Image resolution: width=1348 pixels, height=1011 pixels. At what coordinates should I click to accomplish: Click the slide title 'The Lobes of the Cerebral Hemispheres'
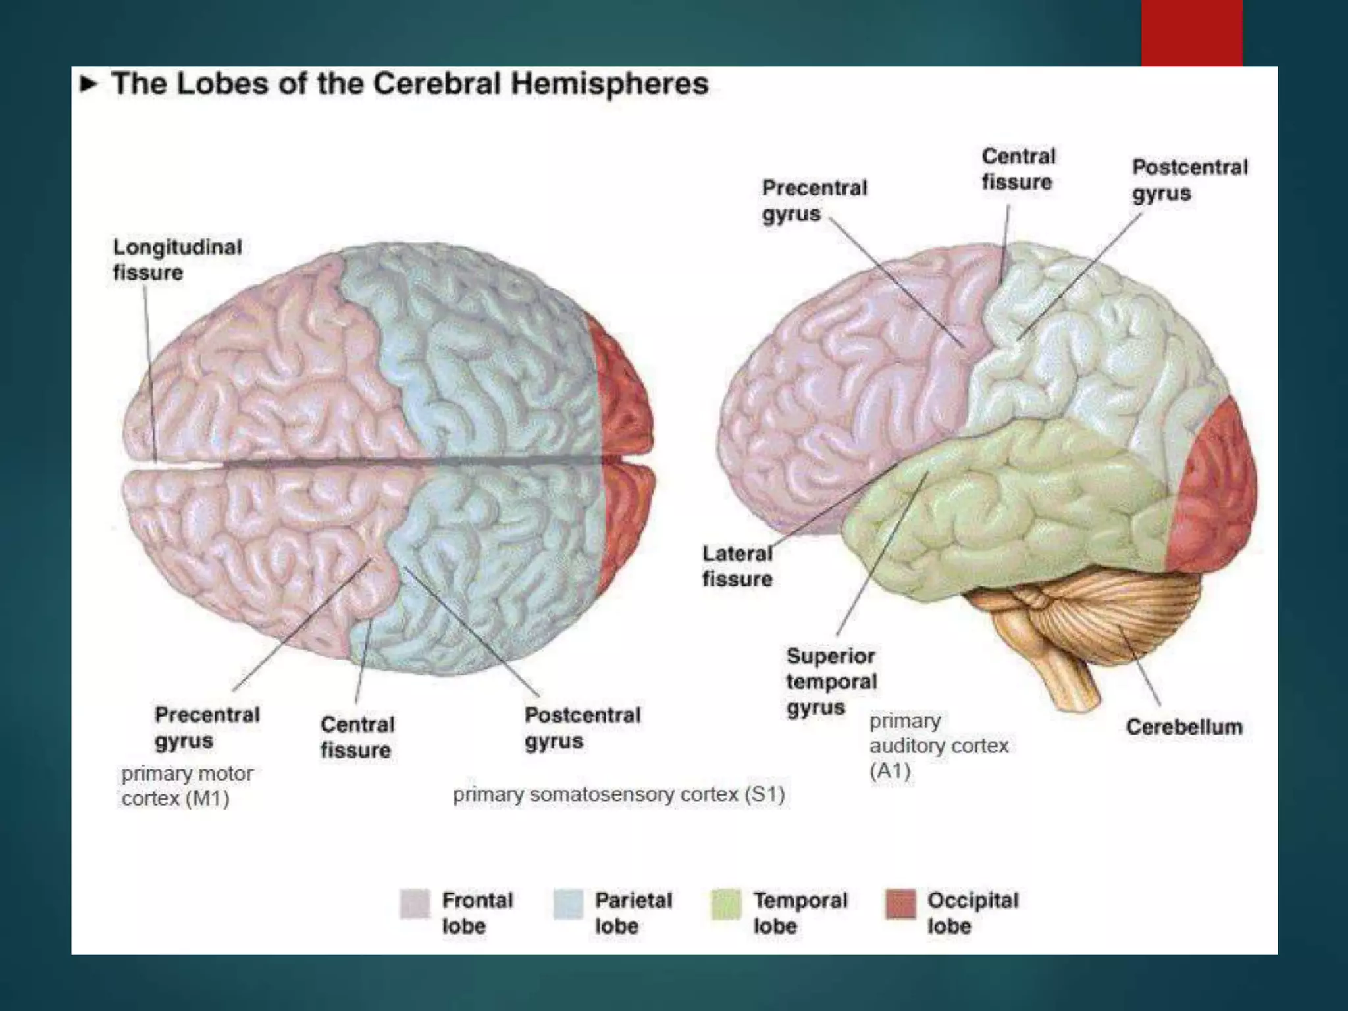click(409, 84)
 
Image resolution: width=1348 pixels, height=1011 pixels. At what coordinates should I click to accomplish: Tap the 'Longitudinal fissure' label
click(177, 259)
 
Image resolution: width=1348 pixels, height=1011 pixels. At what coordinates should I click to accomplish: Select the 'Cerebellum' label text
click(1183, 727)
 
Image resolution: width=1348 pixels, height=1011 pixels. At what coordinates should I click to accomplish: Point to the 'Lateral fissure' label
click(737, 566)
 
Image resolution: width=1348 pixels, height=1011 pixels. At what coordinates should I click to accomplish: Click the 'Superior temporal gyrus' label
click(831, 681)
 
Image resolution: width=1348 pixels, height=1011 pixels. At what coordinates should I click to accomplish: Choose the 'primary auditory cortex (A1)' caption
click(938, 746)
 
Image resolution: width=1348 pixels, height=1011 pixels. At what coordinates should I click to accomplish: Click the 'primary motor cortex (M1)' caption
click(187, 786)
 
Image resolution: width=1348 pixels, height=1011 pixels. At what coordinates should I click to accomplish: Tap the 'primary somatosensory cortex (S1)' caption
click(618, 794)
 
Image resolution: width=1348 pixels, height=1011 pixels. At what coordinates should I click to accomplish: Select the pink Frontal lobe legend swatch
click(415, 903)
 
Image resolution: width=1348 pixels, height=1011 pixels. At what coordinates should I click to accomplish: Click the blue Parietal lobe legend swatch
click(568, 903)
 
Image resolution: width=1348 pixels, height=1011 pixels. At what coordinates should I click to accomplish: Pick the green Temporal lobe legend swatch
click(726, 903)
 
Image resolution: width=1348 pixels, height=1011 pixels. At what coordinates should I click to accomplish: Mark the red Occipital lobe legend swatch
click(900, 903)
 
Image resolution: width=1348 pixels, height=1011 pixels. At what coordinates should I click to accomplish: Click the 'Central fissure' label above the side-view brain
click(1018, 169)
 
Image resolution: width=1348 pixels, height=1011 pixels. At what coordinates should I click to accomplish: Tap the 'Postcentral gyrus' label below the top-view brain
click(582, 727)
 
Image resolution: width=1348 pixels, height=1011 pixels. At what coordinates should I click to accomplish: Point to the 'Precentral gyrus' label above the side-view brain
click(814, 201)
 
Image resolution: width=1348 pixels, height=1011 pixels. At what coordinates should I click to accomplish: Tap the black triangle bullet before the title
click(89, 84)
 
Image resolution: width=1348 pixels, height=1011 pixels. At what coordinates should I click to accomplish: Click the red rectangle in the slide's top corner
click(1191, 33)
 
